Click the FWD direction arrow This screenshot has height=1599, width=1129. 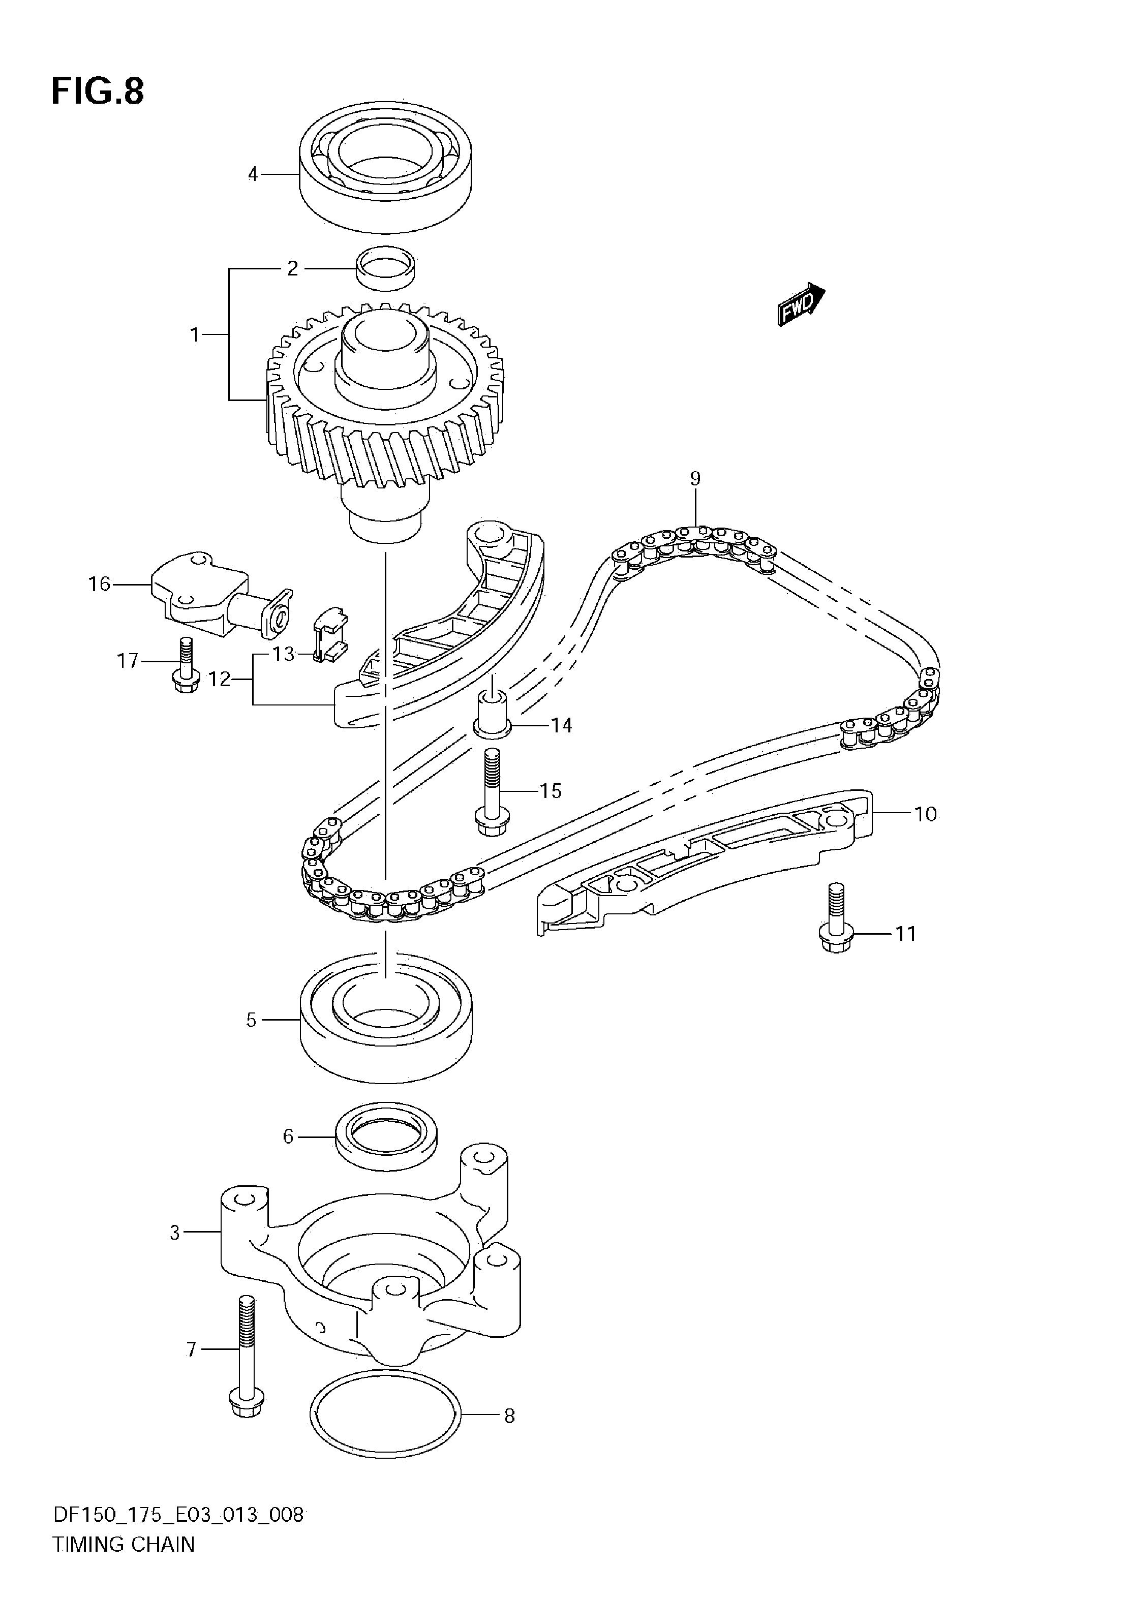[801, 304]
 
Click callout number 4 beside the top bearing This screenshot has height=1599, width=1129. [253, 174]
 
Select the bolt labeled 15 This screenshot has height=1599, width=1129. [492, 792]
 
